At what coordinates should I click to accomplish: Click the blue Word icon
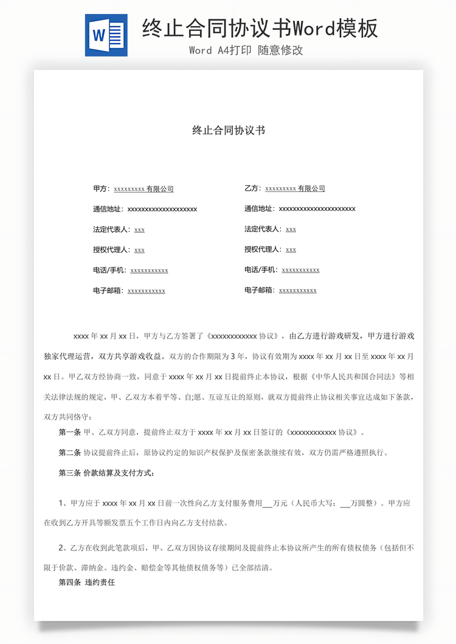click(106, 35)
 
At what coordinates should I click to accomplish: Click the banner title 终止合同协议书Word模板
click(260, 28)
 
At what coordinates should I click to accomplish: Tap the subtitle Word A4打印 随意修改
click(246, 50)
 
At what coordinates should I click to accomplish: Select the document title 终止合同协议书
click(228, 130)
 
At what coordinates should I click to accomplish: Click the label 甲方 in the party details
click(100, 189)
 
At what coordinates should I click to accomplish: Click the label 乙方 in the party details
click(252, 189)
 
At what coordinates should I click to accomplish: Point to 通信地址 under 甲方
click(108, 209)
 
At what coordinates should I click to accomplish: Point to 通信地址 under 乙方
click(260, 209)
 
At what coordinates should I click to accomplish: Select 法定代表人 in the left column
click(112, 229)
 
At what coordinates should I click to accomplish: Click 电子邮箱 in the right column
click(260, 290)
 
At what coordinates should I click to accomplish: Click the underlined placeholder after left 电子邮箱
click(147, 291)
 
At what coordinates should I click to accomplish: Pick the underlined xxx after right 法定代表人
click(291, 230)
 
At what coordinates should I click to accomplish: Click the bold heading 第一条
click(69, 433)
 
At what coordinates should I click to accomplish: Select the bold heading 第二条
click(69, 453)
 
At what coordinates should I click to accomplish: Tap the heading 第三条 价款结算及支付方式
click(106, 473)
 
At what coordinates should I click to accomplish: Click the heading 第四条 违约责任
click(87, 583)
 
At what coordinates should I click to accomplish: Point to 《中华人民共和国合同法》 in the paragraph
click(347, 377)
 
